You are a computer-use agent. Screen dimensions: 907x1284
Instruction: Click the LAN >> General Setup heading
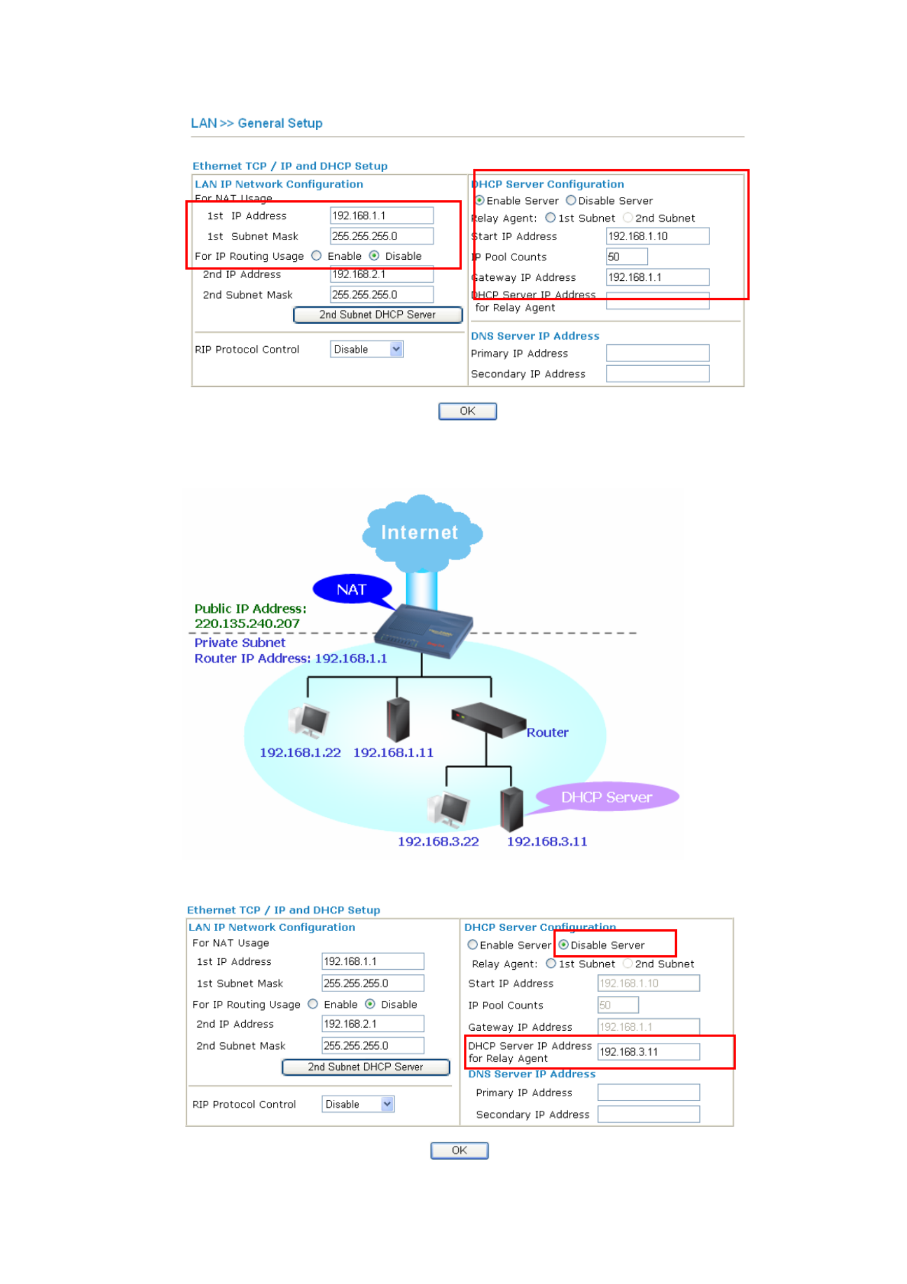click(256, 123)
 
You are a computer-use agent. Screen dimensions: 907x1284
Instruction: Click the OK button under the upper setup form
click(467, 411)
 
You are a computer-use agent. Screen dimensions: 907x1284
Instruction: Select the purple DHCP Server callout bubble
click(606, 797)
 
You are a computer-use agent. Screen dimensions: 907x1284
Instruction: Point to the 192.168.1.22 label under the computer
click(300, 753)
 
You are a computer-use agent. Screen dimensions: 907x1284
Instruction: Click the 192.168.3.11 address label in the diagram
click(547, 841)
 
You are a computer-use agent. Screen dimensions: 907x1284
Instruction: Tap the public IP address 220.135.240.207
click(247, 624)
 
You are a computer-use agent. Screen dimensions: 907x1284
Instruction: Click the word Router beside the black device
click(547, 732)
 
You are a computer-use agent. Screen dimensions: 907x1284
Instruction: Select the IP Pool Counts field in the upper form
click(626, 257)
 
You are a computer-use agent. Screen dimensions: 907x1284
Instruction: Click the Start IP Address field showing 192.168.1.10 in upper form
click(657, 236)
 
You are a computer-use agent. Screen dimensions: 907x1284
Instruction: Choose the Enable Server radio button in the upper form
click(479, 200)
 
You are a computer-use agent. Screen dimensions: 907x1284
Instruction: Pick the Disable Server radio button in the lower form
click(563, 944)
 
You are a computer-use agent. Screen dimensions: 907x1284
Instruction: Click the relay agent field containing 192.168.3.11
click(648, 1051)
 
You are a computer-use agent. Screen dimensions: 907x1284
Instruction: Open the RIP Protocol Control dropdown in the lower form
click(357, 1104)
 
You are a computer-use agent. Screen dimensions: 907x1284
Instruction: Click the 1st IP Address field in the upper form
click(381, 215)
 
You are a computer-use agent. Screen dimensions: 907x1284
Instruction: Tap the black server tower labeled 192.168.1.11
click(398, 720)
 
